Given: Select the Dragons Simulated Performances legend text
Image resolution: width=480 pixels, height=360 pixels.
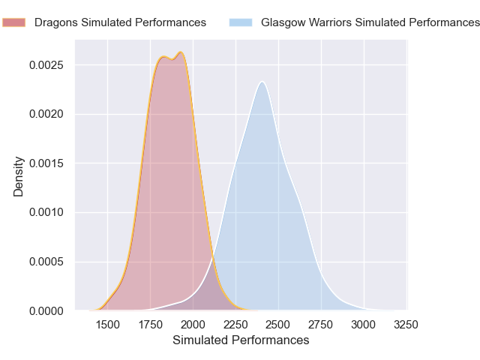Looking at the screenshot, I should pyautogui.click(x=120, y=22).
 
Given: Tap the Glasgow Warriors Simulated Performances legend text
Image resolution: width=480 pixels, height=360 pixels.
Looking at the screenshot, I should pyautogui.click(x=370, y=22).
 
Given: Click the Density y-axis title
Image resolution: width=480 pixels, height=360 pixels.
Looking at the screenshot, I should pyautogui.click(x=19, y=176).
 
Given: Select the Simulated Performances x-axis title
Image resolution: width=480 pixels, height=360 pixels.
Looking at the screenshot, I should pyautogui.click(x=241, y=340).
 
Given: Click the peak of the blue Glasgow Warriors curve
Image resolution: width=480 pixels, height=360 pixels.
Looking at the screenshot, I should pyautogui.click(x=262, y=82).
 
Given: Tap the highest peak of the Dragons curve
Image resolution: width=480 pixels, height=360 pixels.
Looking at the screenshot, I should pyautogui.click(x=181, y=52).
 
